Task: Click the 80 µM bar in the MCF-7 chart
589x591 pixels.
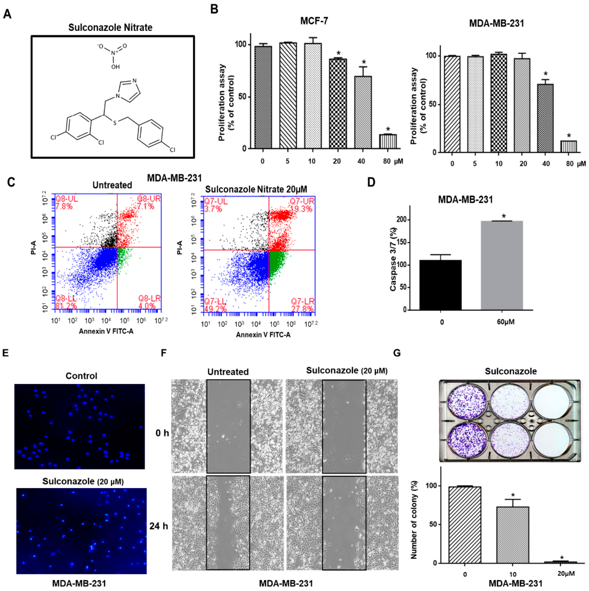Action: click(x=388, y=141)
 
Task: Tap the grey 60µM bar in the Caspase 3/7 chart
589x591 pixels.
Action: click(x=502, y=265)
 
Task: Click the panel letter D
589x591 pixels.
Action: click(x=371, y=182)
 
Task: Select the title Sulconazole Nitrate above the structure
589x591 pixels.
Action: click(x=110, y=28)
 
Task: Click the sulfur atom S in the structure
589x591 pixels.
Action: click(x=115, y=123)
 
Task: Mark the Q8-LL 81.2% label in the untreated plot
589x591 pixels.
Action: click(x=66, y=302)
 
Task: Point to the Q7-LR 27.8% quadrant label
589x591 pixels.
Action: click(x=302, y=305)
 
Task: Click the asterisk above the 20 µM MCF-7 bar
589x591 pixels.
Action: click(x=338, y=53)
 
